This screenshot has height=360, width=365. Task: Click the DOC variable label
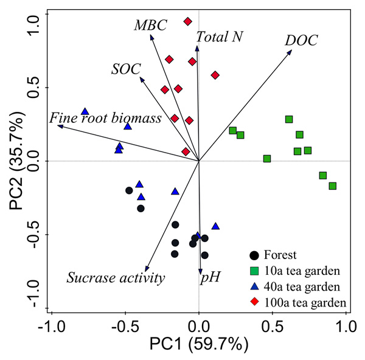pyautogui.click(x=301, y=41)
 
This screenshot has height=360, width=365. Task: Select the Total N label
pyautogui.click(x=220, y=37)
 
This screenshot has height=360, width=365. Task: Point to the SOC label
pyautogui.click(x=126, y=68)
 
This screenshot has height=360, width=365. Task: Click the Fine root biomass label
pyautogui.click(x=106, y=118)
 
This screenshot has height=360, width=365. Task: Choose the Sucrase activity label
pyautogui.click(x=116, y=278)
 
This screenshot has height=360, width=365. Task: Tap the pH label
pyautogui.click(x=210, y=278)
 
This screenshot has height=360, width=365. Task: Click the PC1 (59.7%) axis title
pyautogui.click(x=199, y=345)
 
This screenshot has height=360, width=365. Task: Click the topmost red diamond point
pyautogui.click(x=187, y=22)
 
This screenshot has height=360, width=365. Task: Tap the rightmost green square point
pyautogui.click(x=332, y=185)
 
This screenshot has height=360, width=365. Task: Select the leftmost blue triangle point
pyautogui.click(x=85, y=112)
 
